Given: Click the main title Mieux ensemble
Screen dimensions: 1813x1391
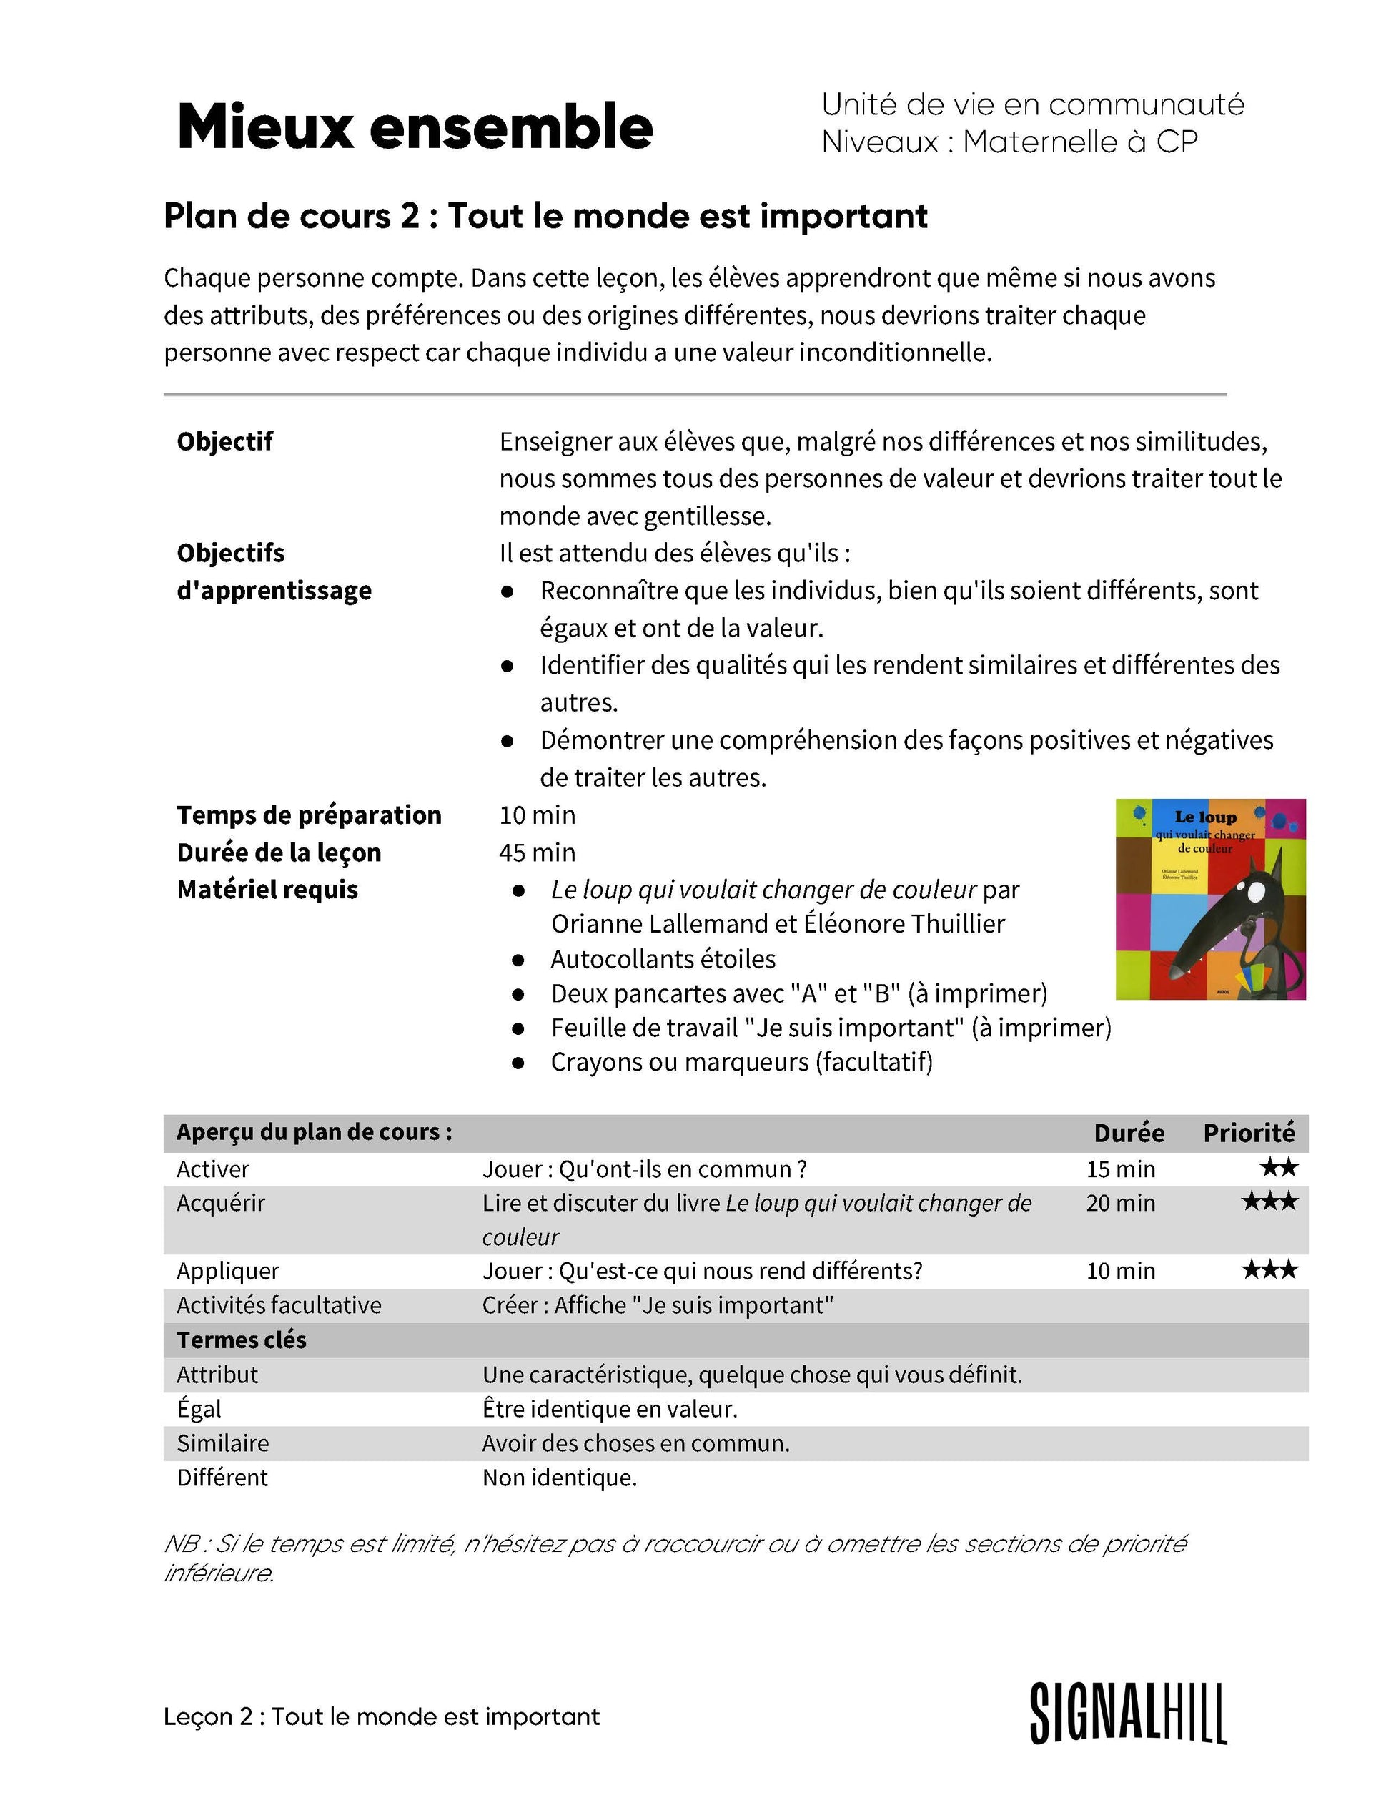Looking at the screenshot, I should point(415,127).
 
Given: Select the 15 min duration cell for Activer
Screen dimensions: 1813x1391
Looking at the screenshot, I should point(1120,1169).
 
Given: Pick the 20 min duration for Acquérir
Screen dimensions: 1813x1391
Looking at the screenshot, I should point(1120,1203).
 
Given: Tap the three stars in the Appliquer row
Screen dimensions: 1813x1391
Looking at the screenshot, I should point(1269,1269).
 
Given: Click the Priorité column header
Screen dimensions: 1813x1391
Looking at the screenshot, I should point(1249,1133).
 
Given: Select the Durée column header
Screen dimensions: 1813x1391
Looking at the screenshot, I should point(1129,1133).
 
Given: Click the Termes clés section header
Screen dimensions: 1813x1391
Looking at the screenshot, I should point(241,1340).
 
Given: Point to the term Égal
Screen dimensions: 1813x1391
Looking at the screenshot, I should point(199,1408).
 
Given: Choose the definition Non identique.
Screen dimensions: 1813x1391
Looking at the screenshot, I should point(560,1477).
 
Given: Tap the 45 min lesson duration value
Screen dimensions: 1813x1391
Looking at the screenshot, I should point(537,853).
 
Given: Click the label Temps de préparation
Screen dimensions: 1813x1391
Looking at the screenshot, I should point(309,815).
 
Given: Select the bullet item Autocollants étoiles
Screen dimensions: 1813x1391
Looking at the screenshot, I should point(663,959).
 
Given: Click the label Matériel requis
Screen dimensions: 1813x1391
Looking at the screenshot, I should point(267,890).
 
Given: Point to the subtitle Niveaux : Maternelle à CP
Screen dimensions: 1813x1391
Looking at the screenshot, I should point(1009,142).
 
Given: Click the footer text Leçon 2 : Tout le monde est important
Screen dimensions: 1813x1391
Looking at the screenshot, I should point(382,1717).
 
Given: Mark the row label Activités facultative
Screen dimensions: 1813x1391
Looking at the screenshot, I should point(279,1305).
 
